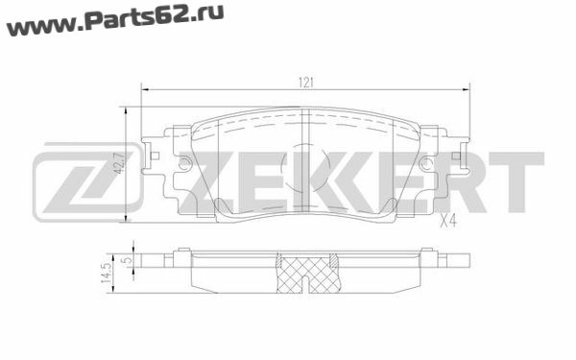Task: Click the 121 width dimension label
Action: [x=305, y=83]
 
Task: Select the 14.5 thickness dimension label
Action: [x=107, y=274]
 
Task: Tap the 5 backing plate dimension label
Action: [x=127, y=260]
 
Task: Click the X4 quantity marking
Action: [x=448, y=221]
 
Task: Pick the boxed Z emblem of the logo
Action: [x=86, y=182]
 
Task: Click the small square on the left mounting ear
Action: [x=155, y=156]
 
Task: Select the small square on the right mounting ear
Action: [x=456, y=156]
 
